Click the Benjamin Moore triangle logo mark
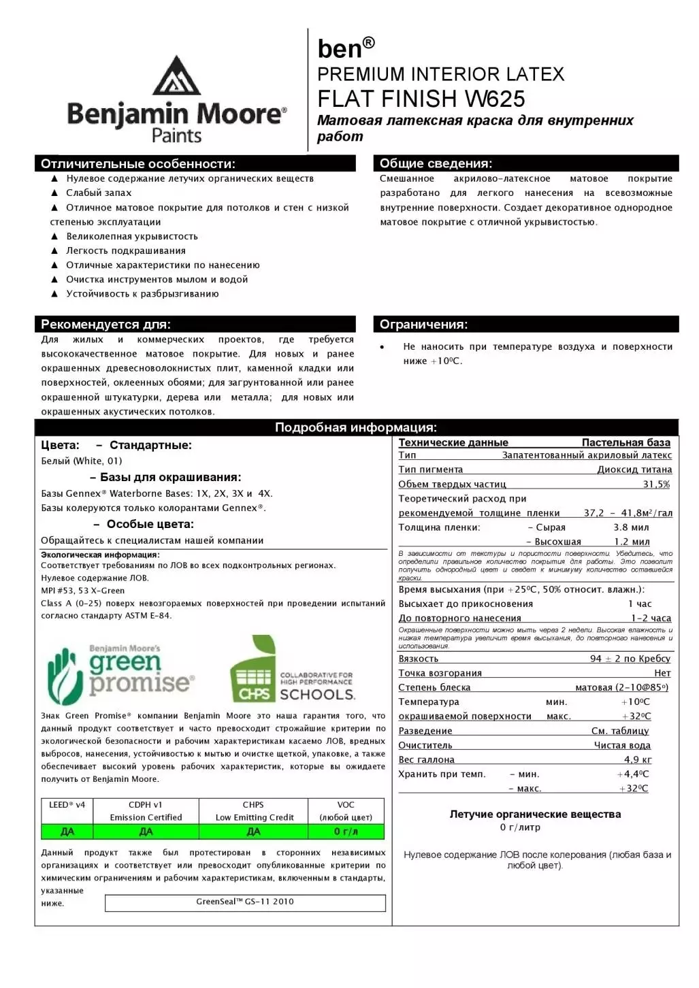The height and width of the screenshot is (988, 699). pos(176,76)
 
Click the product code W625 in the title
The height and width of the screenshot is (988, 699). pos(495,99)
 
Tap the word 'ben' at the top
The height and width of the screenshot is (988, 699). pos(340,49)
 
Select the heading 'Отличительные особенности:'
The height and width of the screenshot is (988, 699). pos(138,164)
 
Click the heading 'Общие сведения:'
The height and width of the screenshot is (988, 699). pos(436,164)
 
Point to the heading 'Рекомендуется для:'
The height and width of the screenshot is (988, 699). pos(105,325)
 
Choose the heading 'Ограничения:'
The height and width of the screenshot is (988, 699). pos(423,325)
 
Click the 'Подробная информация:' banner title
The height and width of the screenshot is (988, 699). pos(356,427)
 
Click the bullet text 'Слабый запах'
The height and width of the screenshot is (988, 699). pos(99,193)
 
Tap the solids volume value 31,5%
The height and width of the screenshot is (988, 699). pos(656,484)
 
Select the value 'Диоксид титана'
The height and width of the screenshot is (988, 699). pos(634,470)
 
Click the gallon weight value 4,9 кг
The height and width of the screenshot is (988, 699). pos(637,759)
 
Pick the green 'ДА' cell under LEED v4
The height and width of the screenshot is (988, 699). pos(67,831)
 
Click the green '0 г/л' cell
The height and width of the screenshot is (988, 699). pos(346,831)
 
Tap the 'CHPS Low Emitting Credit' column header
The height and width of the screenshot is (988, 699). pos(254,811)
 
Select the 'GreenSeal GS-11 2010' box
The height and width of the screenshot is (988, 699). pos(245,902)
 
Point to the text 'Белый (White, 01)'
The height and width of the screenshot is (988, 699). pos(82,461)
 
